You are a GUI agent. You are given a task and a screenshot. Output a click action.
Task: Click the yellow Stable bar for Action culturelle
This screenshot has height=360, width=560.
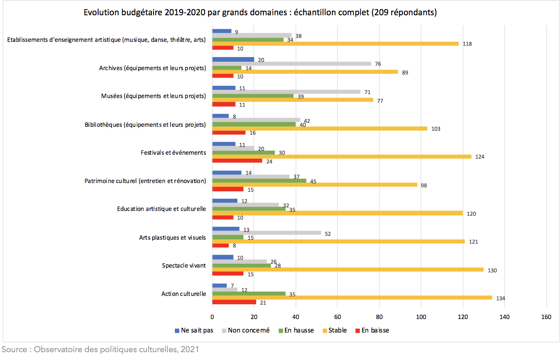[352, 298]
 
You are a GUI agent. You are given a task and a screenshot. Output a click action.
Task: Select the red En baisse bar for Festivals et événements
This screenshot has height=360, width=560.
[237, 161]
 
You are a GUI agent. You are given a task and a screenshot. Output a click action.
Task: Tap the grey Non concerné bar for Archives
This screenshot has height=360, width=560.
[291, 64]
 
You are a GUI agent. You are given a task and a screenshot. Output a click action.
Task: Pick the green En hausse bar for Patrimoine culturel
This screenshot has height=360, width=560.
[259, 181]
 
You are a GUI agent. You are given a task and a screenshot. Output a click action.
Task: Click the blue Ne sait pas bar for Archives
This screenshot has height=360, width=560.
[233, 59]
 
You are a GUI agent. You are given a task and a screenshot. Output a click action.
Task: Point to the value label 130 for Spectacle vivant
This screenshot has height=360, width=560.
[492, 270]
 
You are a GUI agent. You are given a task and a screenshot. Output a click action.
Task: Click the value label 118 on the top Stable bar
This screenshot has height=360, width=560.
[468, 44]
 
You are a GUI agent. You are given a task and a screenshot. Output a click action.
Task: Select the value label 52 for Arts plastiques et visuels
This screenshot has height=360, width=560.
[328, 234]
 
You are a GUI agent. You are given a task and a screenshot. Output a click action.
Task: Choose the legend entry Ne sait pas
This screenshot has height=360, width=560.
[194, 330]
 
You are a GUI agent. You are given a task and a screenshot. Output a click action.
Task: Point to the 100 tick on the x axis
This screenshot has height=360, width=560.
[421, 317]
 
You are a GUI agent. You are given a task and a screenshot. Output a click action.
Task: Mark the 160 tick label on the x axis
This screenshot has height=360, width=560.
[546, 317]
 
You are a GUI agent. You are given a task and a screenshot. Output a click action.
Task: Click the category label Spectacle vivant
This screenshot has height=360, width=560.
[184, 265]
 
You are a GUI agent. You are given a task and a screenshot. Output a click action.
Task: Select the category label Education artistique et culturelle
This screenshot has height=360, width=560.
[161, 209]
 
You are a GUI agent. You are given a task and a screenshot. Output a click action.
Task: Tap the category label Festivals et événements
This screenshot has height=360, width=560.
[173, 153]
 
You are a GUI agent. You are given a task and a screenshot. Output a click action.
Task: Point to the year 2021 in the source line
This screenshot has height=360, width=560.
[190, 349]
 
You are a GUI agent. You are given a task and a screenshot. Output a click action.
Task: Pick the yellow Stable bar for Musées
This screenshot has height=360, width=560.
[293, 100]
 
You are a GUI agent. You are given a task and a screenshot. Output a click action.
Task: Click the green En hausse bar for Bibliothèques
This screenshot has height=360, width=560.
[254, 124]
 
